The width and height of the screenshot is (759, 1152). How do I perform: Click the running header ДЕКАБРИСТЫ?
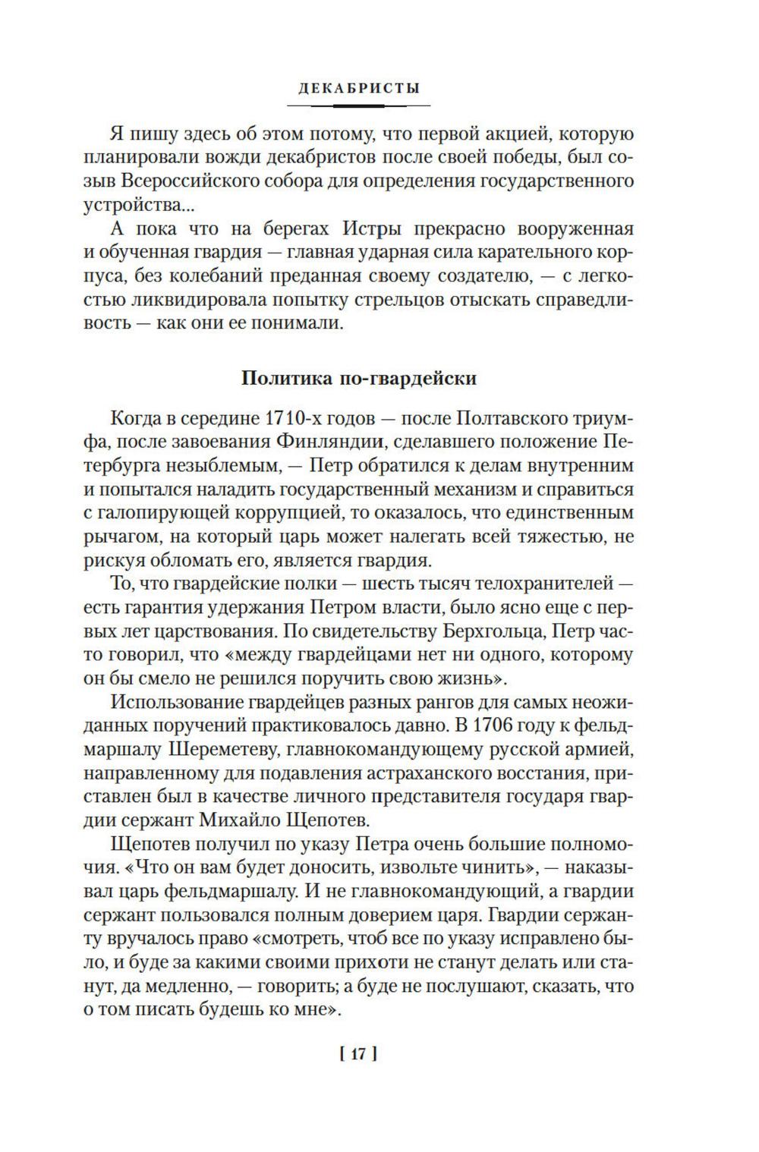(x=359, y=88)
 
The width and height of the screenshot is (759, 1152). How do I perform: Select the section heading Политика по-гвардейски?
(x=358, y=377)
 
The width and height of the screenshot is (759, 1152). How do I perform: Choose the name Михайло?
(x=244, y=820)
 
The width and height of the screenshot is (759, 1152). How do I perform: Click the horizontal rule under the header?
(x=359, y=105)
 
